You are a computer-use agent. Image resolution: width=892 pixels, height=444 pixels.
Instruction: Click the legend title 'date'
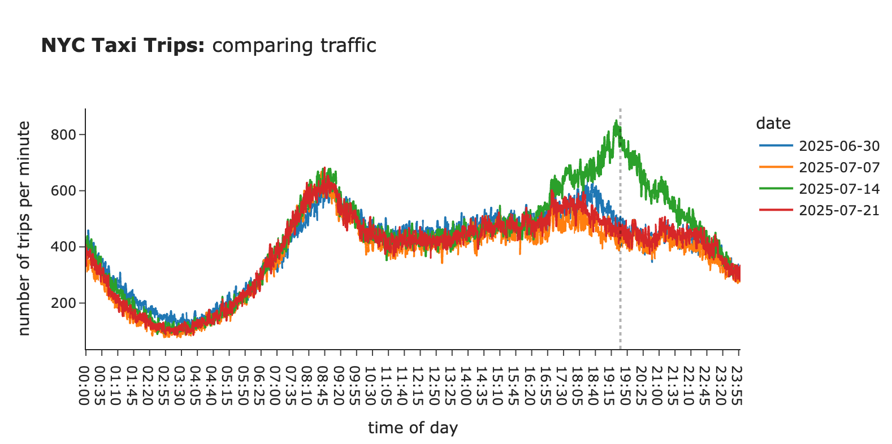click(x=773, y=124)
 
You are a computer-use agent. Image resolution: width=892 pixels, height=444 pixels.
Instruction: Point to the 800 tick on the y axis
click(x=63, y=135)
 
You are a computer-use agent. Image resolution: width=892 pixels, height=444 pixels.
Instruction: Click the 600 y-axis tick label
click(x=63, y=191)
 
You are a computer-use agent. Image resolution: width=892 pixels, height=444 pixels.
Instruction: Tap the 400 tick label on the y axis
click(x=63, y=247)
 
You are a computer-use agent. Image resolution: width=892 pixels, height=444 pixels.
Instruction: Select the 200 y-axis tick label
click(x=63, y=303)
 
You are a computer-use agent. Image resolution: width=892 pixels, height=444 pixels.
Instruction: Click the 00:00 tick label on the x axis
click(x=85, y=385)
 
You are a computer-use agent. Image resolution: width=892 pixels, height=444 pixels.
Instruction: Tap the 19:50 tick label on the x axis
click(x=625, y=385)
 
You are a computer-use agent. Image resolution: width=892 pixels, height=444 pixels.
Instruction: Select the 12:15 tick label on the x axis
click(x=419, y=385)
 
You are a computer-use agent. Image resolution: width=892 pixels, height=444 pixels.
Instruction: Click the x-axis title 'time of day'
click(x=413, y=428)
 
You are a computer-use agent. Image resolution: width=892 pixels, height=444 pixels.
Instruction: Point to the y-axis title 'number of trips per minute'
click(x=24, y=228)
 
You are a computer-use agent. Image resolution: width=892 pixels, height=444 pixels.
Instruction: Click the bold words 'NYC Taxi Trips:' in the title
click(x=123, y=45)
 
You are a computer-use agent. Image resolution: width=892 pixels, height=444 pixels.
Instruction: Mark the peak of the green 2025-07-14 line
click(x=616, y=120)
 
